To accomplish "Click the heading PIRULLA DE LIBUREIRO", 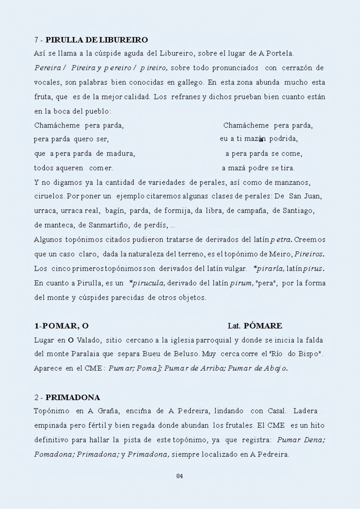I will pos(97,40).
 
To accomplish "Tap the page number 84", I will pos(180,475).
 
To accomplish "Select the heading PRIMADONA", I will pos(73,398).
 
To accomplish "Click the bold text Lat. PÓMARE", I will pos(255,326).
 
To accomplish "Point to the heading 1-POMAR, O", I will pos(61,326).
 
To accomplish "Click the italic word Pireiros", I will pos(311,254).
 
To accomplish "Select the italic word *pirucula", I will pos(147,283).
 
